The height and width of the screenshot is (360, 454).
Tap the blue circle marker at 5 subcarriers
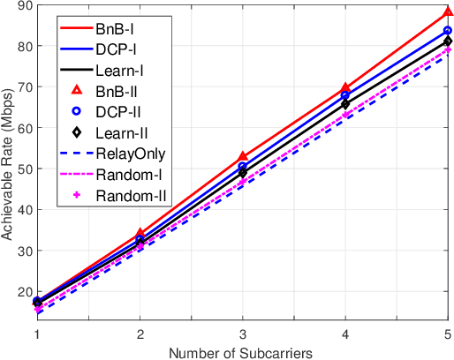[x=446, y=31]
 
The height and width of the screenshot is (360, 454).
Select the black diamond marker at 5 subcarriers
[x=446, y=41]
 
